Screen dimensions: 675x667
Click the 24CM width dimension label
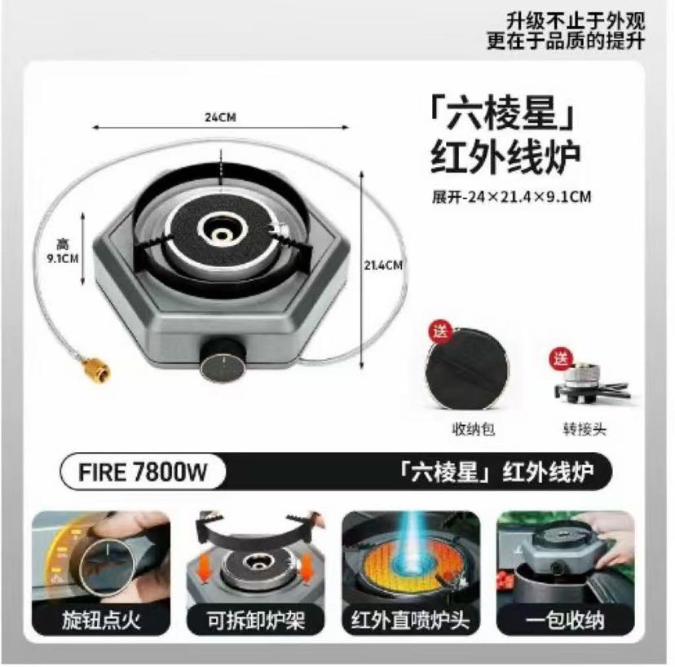click(x=220, y=117)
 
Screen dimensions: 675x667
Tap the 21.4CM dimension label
click(x=383, y=265)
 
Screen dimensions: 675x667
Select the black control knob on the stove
click(x=223, y=359)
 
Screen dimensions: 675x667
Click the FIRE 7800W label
click(x=143, y=472)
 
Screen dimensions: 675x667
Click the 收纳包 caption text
click(x=473, y=428)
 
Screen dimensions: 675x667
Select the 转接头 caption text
click(x=585, y=428)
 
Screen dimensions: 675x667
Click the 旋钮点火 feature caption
click(x=102, y=620)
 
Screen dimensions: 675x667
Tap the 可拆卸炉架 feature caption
click(x=256, y=620)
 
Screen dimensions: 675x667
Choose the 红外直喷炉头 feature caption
click(x=410, y=620)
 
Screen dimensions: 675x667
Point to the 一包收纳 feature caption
click(x=565, y=620)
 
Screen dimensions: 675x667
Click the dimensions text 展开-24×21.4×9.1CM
click(x=511, y=197)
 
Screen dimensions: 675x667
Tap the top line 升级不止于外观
click(x=575, y=20)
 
